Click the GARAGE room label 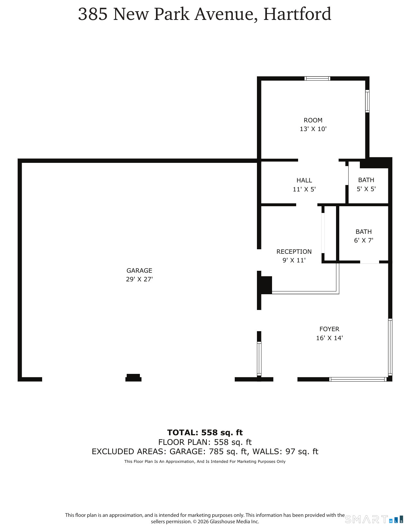tap(139, 270)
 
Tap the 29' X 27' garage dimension tap(139, 279)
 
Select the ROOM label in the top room tap(313, 120)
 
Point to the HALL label tap(304, 180)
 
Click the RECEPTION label tap(294, 252)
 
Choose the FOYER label tap(329, 329)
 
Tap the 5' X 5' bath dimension tap(366, 189)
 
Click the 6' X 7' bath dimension tap(364, 240)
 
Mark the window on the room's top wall tap(317, 78)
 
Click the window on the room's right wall tap(367, 101)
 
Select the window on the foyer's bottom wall tap(358, 379)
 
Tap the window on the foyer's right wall tap(390, 347)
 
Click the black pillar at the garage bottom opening tap(133, 378)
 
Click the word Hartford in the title tap(297, 14)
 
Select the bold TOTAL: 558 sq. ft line tap(205, 432)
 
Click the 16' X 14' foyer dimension tap(329, 338)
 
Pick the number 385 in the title tap(93, 14)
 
